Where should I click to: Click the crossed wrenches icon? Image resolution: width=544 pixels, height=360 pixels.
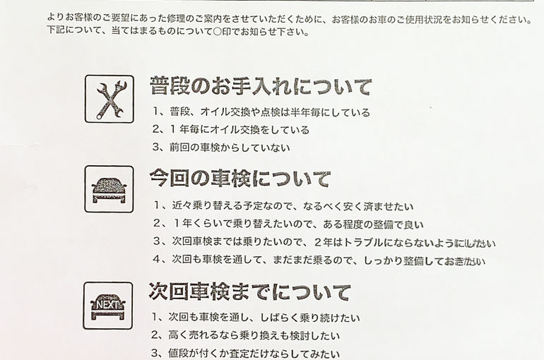click(x=110, y=100)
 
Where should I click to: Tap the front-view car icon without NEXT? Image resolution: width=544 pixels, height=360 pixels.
click(x=109, y=190)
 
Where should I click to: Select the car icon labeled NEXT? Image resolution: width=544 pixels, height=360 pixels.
click(x=108, y=306)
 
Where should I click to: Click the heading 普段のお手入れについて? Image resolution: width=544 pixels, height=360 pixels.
click(x=261, y=86)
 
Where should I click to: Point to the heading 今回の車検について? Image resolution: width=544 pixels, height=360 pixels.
click(x=240, y=179)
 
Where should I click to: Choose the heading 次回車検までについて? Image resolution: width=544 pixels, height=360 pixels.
click(x=250, y=292)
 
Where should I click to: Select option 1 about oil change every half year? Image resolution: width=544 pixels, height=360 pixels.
click(x=261, y=112)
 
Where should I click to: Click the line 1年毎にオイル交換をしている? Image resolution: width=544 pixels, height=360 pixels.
click(x=231, y=130)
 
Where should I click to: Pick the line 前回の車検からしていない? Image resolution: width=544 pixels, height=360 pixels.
click(x=221, y=148)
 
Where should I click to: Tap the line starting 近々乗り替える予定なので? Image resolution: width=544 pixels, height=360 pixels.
click(x=284, y=206)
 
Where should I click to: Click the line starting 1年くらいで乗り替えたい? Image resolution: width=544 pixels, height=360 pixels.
click(x=289, y=224)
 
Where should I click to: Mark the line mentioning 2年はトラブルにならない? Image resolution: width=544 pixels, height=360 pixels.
click(x=324, y=242)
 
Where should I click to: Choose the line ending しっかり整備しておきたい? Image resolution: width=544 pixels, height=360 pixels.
click(x=319, y=260)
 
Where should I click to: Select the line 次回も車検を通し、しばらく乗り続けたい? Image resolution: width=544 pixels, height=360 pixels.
click(x=256, y=318)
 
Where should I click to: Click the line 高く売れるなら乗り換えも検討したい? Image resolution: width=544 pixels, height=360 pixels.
click(x=246, y=335)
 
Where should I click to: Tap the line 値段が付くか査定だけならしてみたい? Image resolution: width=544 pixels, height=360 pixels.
click(x=246, y=354)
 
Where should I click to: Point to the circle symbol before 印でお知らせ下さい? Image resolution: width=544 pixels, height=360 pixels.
click(x=217, y=32)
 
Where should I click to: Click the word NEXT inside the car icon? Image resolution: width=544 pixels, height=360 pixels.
click(x=107, y=304)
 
